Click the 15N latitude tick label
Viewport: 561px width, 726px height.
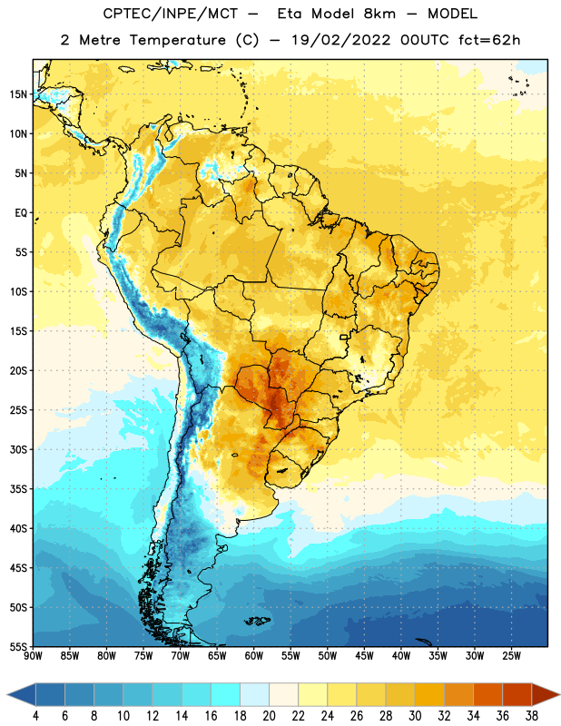[18, 94]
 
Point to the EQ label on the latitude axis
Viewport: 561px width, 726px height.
[21, 213]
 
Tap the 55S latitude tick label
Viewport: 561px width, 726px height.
[18, 646]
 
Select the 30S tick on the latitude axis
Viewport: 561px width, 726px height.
[18, 449]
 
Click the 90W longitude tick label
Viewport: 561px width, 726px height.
[33, 656]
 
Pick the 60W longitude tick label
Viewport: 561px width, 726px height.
[254, 656]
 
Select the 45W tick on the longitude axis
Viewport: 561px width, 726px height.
[364, 656]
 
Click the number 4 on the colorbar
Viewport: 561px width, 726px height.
[35, 716]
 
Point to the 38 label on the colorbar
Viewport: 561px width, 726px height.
[532, 716]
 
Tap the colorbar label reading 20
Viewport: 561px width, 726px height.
[269, 716]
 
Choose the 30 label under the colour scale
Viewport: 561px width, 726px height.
[415, 716]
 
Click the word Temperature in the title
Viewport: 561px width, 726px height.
[177, 40]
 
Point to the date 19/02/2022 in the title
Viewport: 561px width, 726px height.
[341, 40]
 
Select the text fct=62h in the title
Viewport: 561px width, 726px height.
[489, 40]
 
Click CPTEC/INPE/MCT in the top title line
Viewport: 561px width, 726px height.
[171, 14]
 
